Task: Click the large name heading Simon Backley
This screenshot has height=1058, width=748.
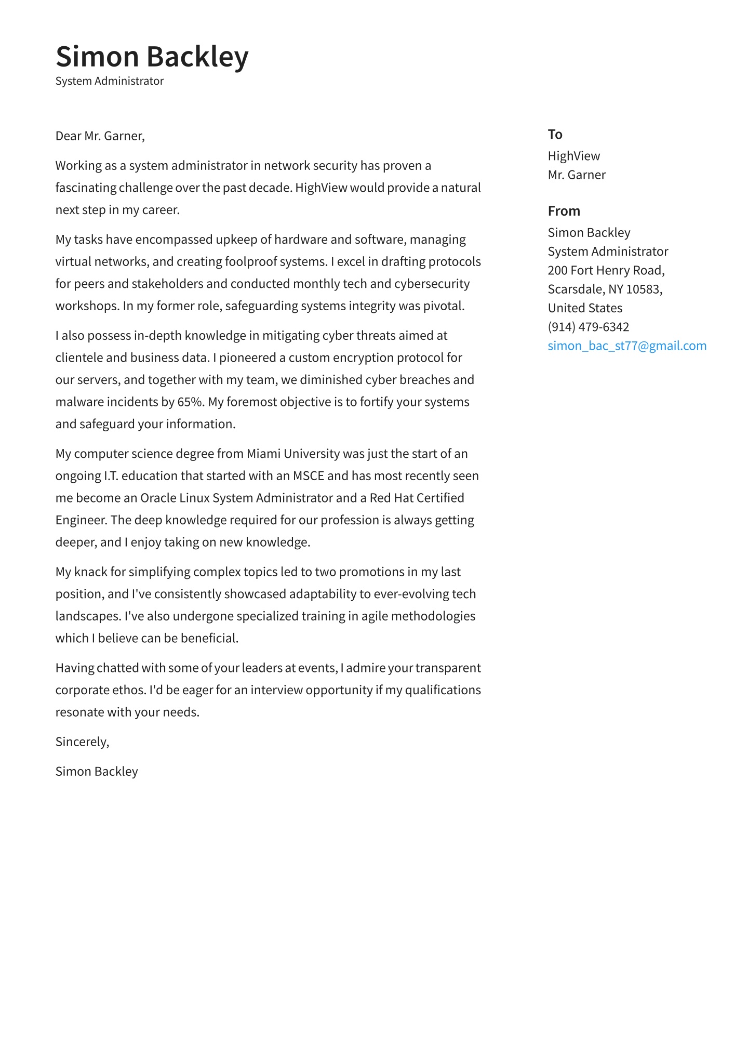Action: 152,56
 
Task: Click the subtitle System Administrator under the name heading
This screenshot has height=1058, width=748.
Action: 110,81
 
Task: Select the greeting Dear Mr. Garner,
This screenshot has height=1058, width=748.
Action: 100,136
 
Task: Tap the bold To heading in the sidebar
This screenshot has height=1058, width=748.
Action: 555,135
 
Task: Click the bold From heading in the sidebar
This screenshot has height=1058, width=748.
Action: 564,211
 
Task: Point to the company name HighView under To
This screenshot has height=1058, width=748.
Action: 573,156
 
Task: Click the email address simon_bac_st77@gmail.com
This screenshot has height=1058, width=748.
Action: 626,346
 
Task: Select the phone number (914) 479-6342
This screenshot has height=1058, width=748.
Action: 588,327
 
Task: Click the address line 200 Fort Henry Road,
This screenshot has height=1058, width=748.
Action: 606,270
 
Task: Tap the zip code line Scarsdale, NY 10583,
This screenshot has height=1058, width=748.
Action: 605,289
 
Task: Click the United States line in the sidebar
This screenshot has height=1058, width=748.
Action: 585,308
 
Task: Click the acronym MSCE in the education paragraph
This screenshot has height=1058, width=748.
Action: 308,476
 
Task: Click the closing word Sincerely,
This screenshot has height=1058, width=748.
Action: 82,742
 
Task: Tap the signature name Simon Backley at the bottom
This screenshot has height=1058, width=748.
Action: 97,772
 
